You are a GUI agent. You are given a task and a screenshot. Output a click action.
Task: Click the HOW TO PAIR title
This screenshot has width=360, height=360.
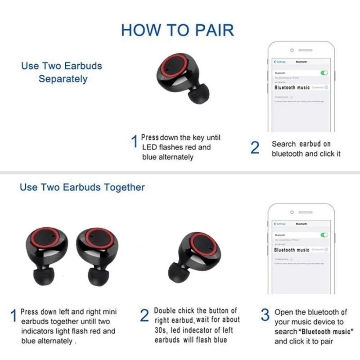(x=178, y=30)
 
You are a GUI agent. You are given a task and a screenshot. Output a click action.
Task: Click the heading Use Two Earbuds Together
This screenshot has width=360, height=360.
(x=82, y=187)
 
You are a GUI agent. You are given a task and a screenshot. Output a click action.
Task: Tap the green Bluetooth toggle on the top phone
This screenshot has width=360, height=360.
(x=324, y=72)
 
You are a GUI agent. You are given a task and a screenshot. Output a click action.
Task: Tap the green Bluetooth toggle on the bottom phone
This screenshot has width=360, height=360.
(x=324, y=235)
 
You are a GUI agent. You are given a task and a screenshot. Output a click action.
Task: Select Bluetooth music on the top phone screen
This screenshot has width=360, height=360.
(x=292, y=87)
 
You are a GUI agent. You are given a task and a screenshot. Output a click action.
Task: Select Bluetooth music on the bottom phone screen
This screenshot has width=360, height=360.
(x=292, y=250)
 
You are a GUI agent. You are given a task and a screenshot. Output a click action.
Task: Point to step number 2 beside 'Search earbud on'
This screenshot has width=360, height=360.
(x=255, y=148)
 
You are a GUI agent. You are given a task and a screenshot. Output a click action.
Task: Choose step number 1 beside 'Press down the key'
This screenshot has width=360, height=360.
(x=134, y=142)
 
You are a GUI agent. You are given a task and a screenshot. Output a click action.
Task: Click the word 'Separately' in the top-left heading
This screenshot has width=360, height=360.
(x=63, y=79)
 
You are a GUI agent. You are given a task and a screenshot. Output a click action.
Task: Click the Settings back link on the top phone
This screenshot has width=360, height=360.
(x=279, y=62)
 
